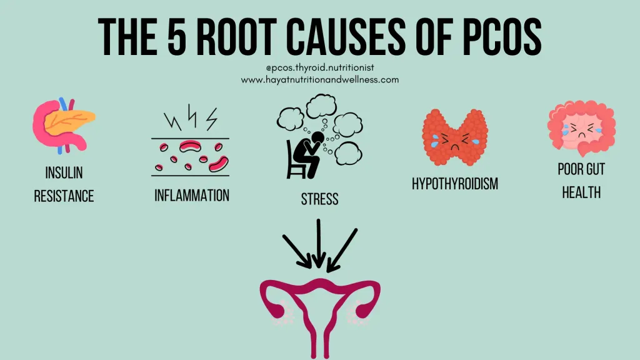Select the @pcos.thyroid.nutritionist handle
pyautogui.click(x=319, y=67)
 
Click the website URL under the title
pyautogui.click(x=319, y=80)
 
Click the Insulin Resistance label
pyautogui.click(x=64, y=184)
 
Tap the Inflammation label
pyautogui.click(x=192, y=195)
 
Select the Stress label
pyautogui.click(x=319, y=199)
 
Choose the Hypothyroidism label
pyautogui.click(x=455, y=184)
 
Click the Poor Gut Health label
pyautogui.click(x=581, y=181)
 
